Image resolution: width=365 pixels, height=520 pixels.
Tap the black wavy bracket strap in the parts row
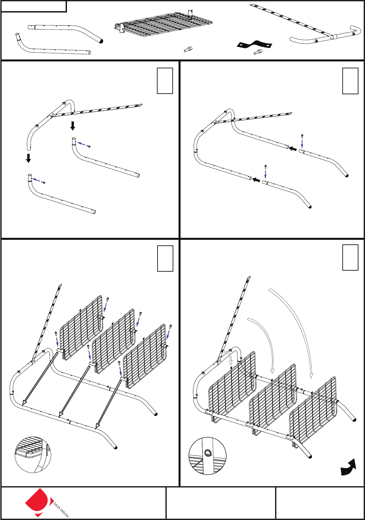pyautogui.click(x=254, y=44)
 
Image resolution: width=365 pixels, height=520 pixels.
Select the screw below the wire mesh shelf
pyautogui.click(x=188, y=49)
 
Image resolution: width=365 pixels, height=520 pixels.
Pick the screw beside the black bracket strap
pyautogui.click(x=258, y=52)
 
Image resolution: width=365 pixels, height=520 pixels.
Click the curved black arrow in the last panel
pyautogui.click(x=348, y=467)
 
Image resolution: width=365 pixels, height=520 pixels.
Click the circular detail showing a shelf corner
pyautogui.click(x=33, y=454)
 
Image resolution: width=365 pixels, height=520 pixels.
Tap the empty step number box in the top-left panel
pyautogui.click(x=165, y=81)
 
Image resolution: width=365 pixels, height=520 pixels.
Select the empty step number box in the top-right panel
pyautogui.click(x=350, y=81)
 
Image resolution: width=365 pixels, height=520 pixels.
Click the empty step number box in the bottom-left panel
pyautogui.click(x=165, y=259)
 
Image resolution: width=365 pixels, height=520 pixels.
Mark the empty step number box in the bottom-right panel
pyautogui.click(x=350, y=258)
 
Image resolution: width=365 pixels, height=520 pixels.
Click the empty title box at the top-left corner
pyautogui.click(x=34, y=7)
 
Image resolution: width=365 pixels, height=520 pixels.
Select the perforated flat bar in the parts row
pyautogui.click(x=291, y=20)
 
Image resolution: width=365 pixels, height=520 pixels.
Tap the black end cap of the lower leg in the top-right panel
pyautogui.click(x=310, y=207)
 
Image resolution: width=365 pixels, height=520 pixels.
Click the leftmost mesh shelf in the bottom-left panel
pyautogui.click(x=81, y=328)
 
